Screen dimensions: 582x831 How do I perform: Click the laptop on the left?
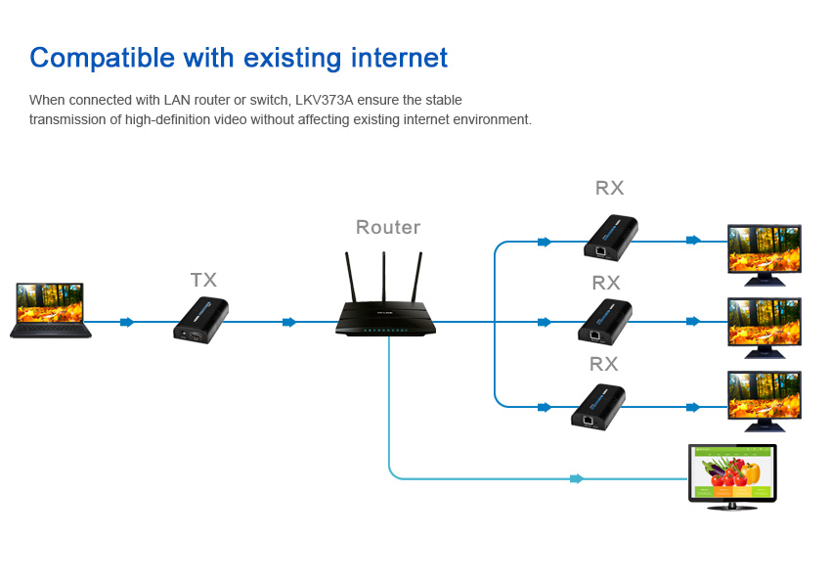[51, 310]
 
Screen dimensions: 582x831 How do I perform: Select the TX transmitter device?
[200, 320]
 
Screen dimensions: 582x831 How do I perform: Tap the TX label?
[203, 281]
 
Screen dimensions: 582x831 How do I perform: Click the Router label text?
[388, 228]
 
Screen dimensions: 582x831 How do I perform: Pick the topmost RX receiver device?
[612, 239]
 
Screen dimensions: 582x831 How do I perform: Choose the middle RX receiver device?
[604, 321]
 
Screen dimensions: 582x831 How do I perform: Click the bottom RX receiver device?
[598, 406]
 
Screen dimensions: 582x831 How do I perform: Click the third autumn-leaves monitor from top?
[765, 400]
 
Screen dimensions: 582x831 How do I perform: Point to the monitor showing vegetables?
[733, 476]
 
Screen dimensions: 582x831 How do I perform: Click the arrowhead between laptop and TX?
[127, 322]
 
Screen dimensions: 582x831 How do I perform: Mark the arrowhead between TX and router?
[289, 322]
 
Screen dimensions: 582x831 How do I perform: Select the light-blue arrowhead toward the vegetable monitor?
[578, 478]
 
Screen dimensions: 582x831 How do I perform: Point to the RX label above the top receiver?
[609, 189]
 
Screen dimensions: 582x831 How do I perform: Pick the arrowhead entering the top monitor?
[693, 240]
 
